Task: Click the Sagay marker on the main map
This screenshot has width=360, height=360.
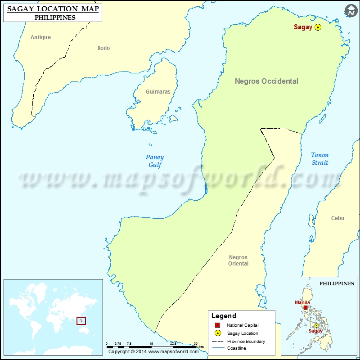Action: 318,27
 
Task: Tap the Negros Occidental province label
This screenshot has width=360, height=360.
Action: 266,81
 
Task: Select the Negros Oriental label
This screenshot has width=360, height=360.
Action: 238,260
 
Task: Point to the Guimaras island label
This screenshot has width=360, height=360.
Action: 158,91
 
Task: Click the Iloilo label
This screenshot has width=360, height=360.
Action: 103,48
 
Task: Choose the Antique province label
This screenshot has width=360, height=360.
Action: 40,37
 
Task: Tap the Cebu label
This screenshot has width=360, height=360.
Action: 337,218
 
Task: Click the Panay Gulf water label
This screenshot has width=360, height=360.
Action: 154,161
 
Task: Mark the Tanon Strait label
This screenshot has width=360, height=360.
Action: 320,159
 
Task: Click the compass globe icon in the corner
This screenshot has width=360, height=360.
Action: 351,10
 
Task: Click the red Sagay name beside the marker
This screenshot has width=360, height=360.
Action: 303,27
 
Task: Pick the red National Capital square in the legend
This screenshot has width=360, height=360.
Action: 217,325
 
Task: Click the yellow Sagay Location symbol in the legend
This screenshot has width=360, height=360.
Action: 217,333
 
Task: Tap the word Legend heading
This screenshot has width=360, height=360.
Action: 224,316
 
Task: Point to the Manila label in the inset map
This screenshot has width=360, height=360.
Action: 302,302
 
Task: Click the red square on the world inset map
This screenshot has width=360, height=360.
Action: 81,321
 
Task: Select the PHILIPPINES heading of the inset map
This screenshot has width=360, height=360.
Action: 337,283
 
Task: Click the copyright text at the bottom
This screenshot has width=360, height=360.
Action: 153,351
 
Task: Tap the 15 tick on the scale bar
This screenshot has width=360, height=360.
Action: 151,343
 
